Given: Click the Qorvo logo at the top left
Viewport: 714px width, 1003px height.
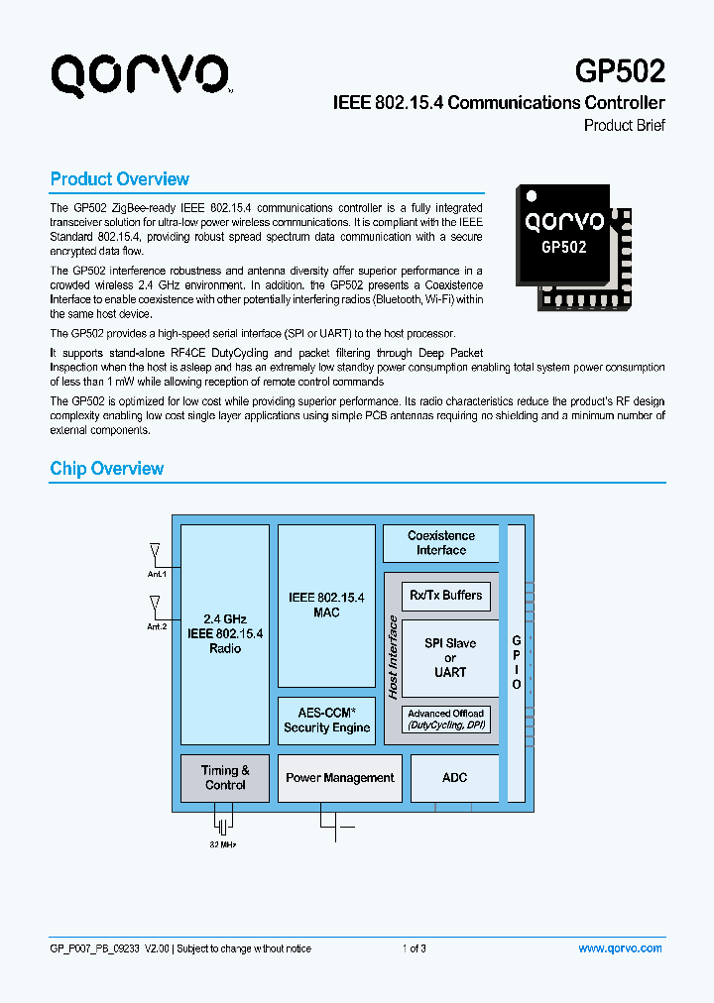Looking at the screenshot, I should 141,74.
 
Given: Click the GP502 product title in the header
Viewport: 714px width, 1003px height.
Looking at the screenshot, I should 620,71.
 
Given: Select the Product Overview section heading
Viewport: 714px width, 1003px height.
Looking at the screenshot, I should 119,179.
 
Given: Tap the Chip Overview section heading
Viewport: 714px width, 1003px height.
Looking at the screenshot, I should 107,469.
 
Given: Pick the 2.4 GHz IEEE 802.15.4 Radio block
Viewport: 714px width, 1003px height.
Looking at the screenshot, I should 225,633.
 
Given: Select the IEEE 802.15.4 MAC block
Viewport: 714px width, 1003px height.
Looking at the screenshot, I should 326,606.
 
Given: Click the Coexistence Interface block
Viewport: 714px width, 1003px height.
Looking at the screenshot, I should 440,543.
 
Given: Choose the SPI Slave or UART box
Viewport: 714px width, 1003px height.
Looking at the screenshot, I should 450,657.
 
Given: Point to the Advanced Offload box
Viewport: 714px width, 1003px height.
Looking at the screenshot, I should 445,719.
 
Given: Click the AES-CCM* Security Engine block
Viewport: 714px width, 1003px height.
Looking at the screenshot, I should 326,721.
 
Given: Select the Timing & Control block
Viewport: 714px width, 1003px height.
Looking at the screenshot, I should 225,778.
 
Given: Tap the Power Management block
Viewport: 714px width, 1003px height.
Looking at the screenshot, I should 340,778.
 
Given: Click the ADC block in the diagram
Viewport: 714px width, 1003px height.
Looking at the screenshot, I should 454,778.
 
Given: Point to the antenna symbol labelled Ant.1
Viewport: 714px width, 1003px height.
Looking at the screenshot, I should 155,551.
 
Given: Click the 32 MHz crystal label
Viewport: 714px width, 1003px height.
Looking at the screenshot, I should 223,844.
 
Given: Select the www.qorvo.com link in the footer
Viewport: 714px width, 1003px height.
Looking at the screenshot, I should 620,948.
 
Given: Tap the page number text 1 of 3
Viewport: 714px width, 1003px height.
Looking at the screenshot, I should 415,948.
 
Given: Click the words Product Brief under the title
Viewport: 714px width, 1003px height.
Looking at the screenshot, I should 624,126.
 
